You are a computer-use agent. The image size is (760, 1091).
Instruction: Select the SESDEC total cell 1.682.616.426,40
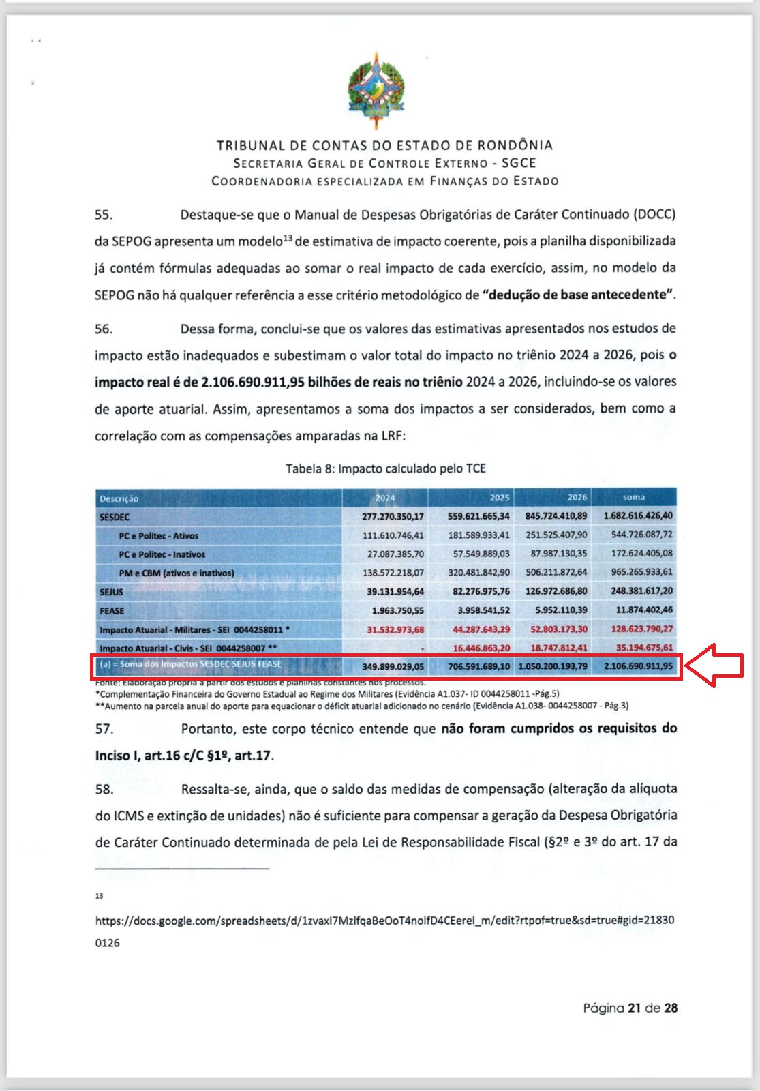pos(637,516)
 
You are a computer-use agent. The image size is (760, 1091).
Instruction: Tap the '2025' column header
pos(499,498)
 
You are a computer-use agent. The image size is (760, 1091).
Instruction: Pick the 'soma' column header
pos(633,498)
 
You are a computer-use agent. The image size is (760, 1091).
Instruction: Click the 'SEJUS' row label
pos(112,592)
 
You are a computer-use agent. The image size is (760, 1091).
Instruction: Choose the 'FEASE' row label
pos(112,611)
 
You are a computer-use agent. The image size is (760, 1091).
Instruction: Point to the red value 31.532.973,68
pos(395,629)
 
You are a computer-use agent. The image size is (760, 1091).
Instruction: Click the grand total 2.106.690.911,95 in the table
pos(638,666)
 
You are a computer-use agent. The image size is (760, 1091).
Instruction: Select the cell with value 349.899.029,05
pos(393,666)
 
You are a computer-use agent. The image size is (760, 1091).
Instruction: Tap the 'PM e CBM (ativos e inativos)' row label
pos(176,573)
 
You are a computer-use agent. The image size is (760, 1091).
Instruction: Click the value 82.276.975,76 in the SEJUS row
pos(481,591)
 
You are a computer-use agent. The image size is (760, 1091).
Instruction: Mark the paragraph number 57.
pos(104,729)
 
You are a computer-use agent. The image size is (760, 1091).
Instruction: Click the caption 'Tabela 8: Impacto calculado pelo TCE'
pos(385,468)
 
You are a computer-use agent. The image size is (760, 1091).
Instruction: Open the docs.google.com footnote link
pos(384,921)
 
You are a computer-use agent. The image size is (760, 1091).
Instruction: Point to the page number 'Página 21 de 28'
pos(630,1008)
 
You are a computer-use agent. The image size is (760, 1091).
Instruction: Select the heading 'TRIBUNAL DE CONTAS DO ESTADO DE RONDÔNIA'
pos(384,145)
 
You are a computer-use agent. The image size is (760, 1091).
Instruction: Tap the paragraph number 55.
pos(104,215)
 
